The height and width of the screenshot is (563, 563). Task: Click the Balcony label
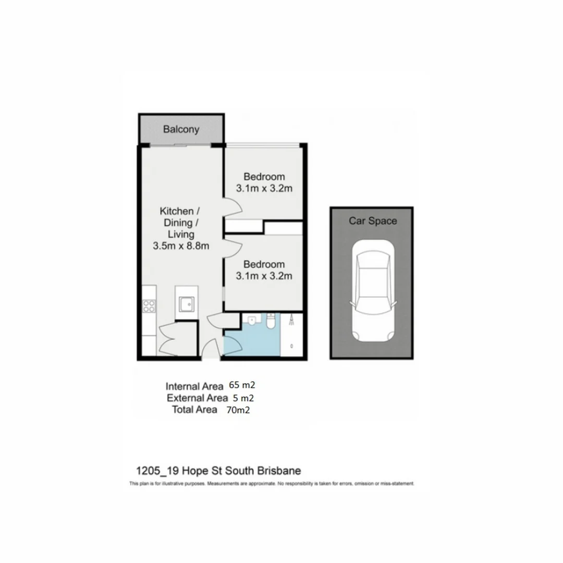pos(181,129)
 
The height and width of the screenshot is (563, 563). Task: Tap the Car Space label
pos(372,221)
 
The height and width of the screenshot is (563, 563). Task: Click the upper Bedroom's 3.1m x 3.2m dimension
pos(264,188)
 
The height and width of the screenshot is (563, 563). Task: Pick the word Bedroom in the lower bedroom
pos(264,264)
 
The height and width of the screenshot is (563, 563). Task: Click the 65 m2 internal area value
pos(242,386)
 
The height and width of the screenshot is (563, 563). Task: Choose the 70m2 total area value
pos(238,410)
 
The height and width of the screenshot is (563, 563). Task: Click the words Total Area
pos(194,410)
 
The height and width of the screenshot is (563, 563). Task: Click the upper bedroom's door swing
pos(232,206)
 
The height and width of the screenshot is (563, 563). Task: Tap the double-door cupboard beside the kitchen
pos(172,339)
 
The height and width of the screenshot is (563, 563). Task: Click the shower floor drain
pos(291,346)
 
